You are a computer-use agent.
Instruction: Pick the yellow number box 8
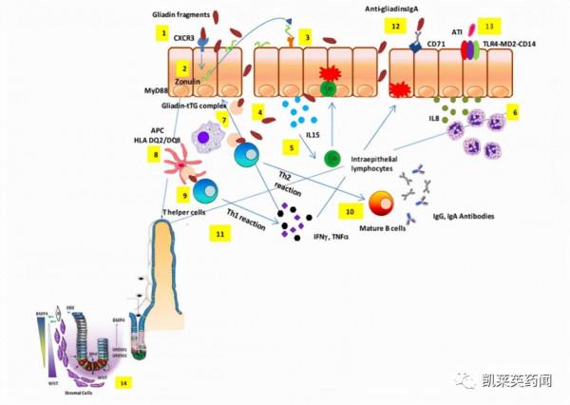(x=152, y=154)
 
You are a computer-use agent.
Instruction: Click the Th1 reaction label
(x=248, y=217)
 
